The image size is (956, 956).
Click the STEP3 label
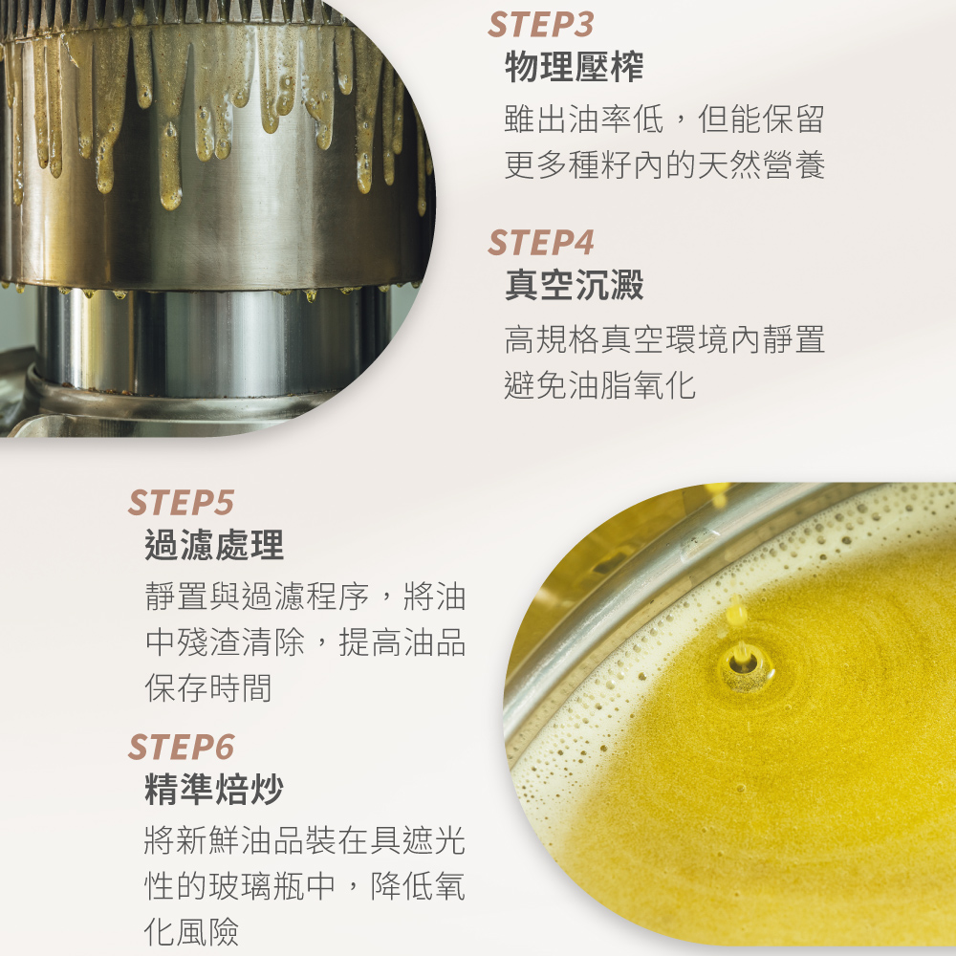(x=541, y=25)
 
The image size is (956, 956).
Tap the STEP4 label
(x=541, y=243)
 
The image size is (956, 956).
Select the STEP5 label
(x=181, y=503)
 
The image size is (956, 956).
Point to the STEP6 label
(x=181, y=747)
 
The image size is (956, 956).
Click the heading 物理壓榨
(x=574, y=67)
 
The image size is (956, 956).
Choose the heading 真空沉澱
(x=574, y=285)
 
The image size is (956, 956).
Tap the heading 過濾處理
(x=214, y=545)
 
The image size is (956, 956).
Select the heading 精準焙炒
(x=214, y=789)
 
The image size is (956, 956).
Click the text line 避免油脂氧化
(x=600, y=385)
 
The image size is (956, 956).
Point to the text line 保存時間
(x=207, y=688)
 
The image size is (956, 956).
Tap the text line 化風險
(x=191, y=932)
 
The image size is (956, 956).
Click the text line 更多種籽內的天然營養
(x=664, y=165)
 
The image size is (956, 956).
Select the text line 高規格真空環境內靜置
(x=664, y=339)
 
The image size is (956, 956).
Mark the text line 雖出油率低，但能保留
(x=664, y=119)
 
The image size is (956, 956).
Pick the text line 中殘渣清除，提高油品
(x=306, y=642)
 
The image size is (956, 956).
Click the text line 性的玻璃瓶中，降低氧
(x=306, y=886)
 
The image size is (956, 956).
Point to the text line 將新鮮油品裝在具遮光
(x=306, y=840)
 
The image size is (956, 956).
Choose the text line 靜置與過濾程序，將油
(x=306, y=597)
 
